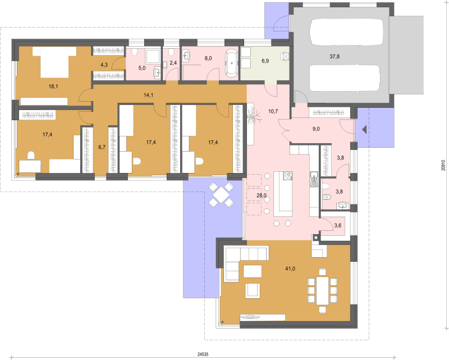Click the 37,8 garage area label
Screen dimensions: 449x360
[335, 57]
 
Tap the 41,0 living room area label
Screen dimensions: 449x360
[290, 268]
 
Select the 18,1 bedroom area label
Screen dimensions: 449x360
[53, 86]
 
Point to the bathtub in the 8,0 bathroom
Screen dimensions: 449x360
[232, 63]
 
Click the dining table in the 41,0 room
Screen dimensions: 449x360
[322, 290]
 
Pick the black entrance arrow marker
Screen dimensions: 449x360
[364, 130]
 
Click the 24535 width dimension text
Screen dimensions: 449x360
[203, 354]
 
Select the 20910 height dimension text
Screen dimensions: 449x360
[443, 165]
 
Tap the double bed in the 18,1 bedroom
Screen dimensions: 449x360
[54, 62]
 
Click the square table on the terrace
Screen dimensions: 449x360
[221, 195]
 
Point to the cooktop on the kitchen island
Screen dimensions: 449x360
[287, 176]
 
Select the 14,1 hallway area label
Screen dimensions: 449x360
[148, 95]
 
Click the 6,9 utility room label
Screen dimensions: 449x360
[265, 61]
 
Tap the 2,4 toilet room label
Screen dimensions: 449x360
[173, 62]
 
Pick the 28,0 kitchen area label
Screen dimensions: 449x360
[262, 195]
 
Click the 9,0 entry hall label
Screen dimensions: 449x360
[316, 129]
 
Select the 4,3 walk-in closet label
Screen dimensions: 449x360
[104, 65]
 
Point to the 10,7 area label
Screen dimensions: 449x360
[273, 111]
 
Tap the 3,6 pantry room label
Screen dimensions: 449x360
[338, 226]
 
